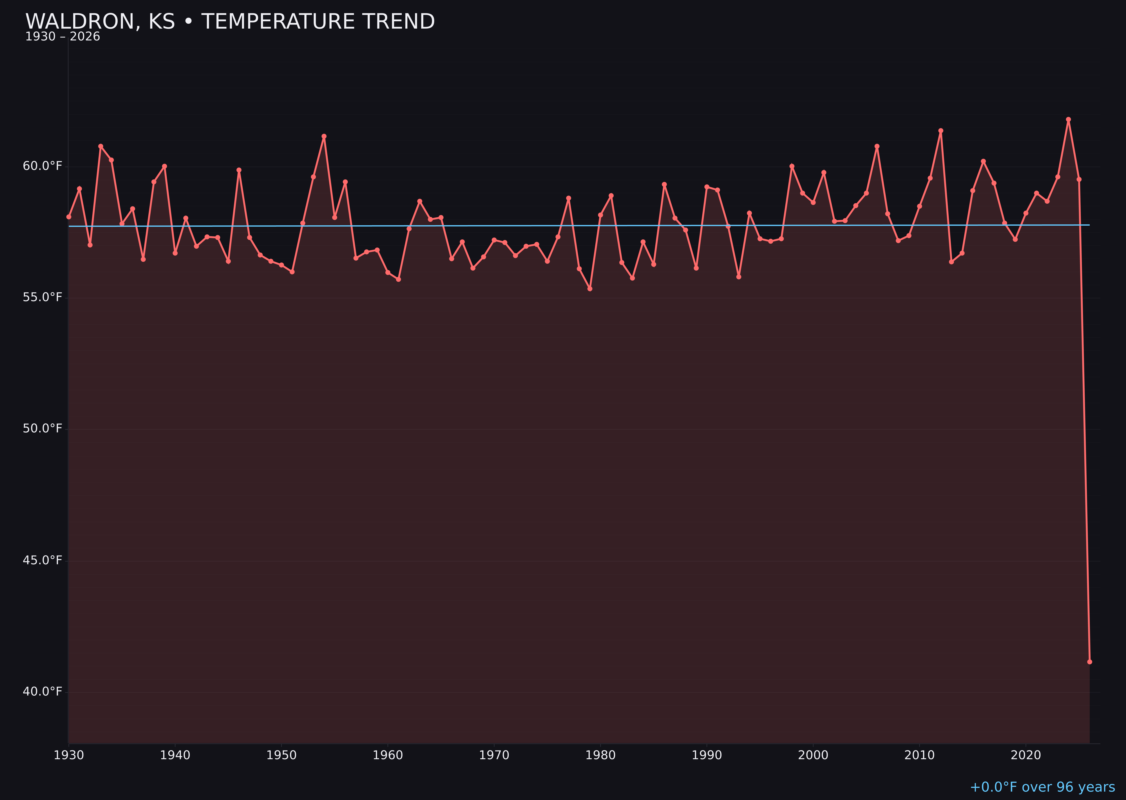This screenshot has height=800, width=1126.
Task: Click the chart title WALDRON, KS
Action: [230, 22]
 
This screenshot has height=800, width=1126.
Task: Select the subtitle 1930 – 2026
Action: [62, 37]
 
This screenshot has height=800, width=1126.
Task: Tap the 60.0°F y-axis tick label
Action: [43, 166]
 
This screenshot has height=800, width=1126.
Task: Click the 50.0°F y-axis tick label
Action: [43, 429]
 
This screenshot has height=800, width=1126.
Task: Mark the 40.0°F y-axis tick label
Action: [43, 692]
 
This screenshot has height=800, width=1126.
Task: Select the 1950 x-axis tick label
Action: [281, 755]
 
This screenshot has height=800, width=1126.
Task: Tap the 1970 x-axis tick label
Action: [494, 755]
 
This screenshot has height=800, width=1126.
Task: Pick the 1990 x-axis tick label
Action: [707, 755]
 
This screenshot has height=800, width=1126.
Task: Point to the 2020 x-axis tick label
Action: [1026, 755]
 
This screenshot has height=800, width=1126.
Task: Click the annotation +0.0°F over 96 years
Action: [1042, 787]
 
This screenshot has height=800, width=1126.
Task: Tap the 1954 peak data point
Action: [324, 136]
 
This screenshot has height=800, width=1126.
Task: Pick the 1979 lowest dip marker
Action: [590, 289]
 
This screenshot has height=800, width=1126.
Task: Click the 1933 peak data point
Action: [100, 146]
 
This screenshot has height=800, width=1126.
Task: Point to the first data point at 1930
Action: [68, 217]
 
